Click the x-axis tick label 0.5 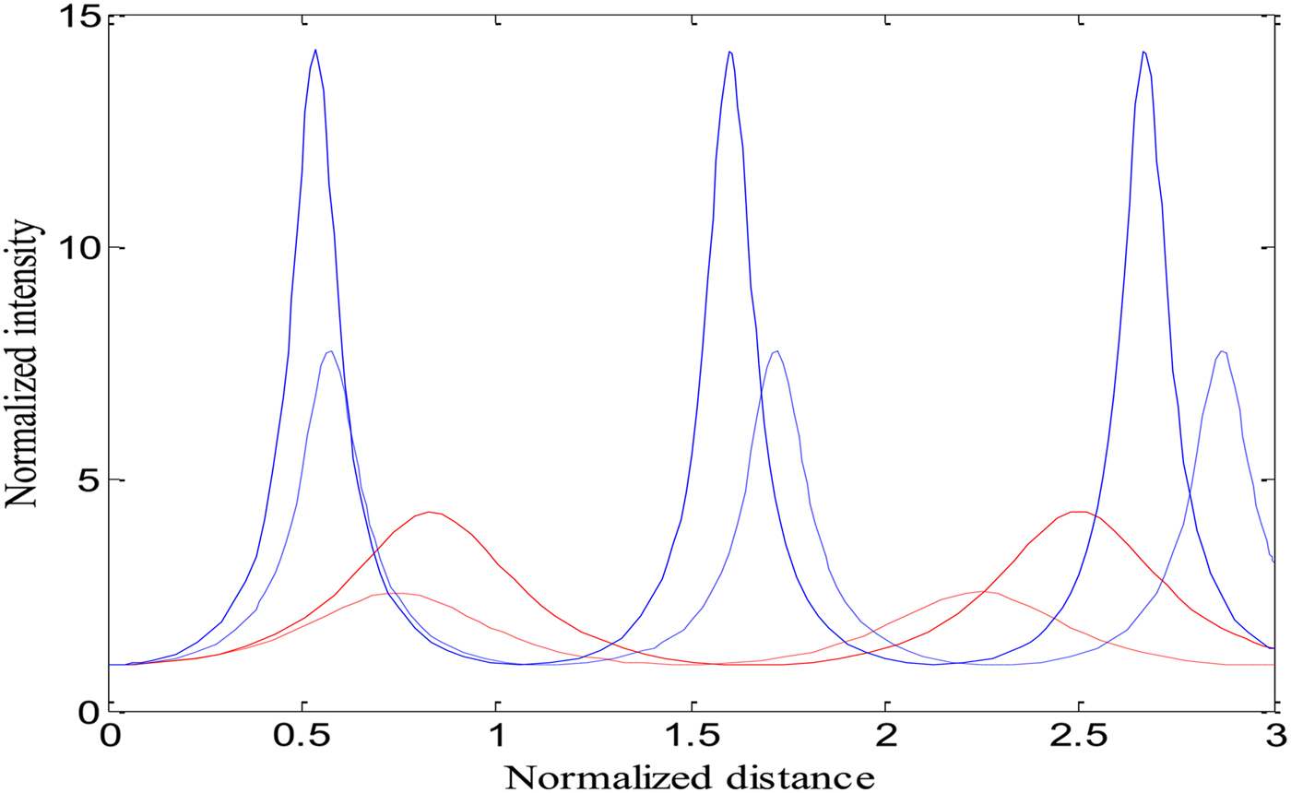[x=302, y=739]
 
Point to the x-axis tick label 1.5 [x=692, y=739]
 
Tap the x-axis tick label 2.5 [x=1080, y=739]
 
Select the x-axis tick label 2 [x=886, y=739]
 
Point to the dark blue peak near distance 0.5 [x=315, y=50]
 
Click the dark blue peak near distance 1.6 [x=729, y=52]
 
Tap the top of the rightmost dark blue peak [x=1143, y=52]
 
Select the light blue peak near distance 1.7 [x=776, y=351]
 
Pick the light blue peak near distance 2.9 [x=1222, y=351]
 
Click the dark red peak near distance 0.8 [x=429, y=512]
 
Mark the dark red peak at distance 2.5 [x=1081, y=512]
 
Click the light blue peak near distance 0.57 [x=329, y=351]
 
